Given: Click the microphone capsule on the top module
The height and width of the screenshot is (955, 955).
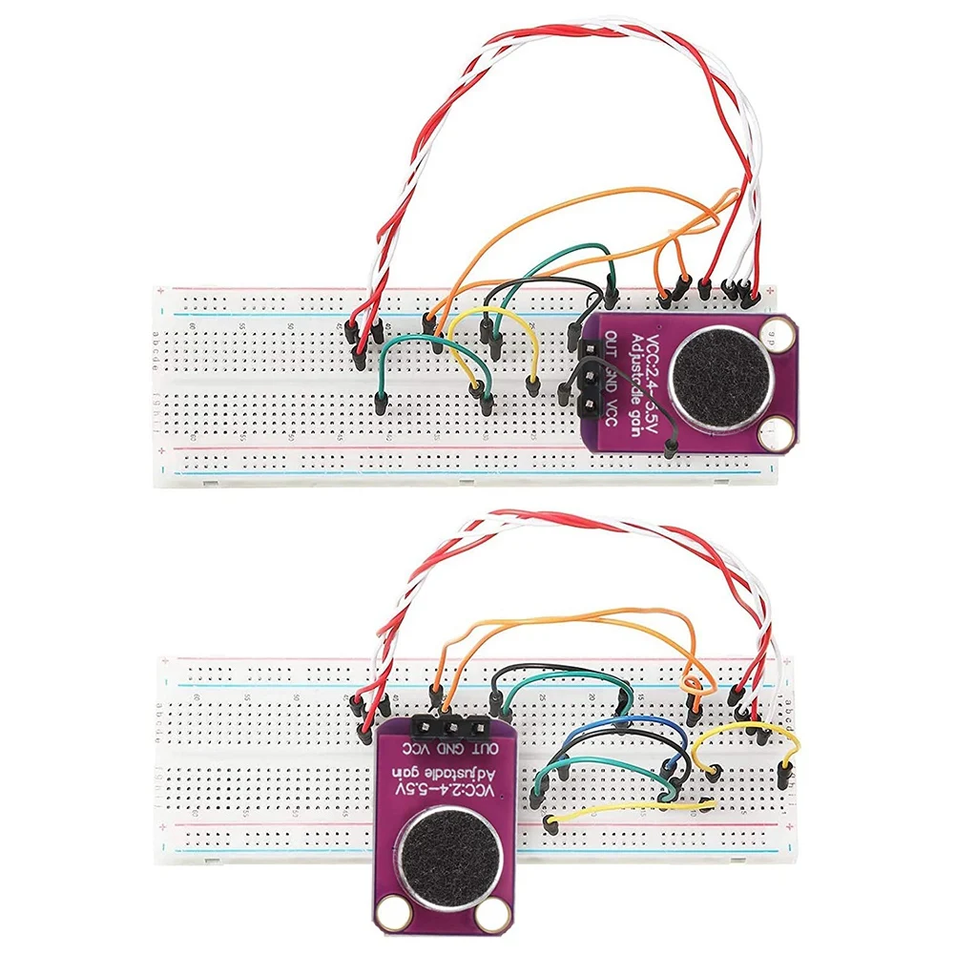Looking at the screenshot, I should [716, 378].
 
